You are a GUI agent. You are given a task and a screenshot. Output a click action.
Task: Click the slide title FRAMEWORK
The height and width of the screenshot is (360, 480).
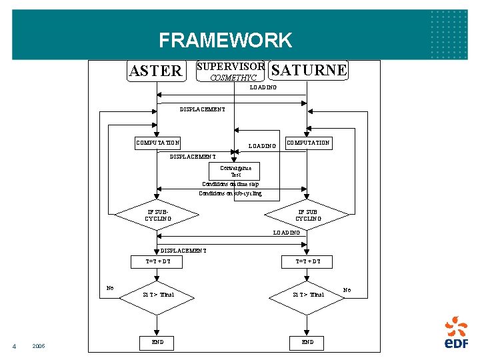coord(225,41)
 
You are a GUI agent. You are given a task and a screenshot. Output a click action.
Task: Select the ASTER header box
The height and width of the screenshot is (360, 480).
coord(156,71)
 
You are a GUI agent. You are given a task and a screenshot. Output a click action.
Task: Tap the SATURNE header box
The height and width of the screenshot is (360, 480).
coord(309,70)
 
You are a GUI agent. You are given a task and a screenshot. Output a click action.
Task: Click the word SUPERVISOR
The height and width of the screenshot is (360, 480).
coord(231,67)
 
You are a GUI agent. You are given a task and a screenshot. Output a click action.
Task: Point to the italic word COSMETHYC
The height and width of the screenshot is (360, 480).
coord(233,78)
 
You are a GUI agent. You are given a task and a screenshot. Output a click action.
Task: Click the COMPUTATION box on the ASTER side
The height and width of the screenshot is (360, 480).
coord(157,143)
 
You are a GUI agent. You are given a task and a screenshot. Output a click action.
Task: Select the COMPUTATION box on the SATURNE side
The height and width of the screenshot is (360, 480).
coord(308,143)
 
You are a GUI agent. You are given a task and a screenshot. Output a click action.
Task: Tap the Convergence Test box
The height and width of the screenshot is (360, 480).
coord(235,171)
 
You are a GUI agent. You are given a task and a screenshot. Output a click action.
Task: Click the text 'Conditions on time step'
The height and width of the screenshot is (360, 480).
coord(231,184)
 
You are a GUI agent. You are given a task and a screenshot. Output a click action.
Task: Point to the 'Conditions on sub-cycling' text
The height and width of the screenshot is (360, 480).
coord(231,193)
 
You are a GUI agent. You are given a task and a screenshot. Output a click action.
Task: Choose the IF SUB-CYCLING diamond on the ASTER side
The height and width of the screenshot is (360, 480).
coord(157,215)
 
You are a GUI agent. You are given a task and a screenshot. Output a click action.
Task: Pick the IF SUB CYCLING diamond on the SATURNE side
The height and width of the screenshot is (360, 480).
coord(307,215)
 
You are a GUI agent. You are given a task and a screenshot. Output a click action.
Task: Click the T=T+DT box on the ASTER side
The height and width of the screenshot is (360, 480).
coord(157,262)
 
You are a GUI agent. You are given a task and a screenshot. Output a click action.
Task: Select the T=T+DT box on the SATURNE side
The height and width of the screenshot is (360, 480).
coord(307,262)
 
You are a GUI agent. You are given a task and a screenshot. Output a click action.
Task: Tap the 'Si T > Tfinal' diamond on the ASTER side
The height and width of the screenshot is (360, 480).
coord(157,294)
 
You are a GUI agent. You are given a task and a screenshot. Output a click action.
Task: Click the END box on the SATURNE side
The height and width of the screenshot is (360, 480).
coord(307,342)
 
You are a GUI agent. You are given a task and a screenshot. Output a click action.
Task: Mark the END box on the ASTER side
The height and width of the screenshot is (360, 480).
coord(157,342)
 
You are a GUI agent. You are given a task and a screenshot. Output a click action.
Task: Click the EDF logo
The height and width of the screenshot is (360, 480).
coord(456,333)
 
